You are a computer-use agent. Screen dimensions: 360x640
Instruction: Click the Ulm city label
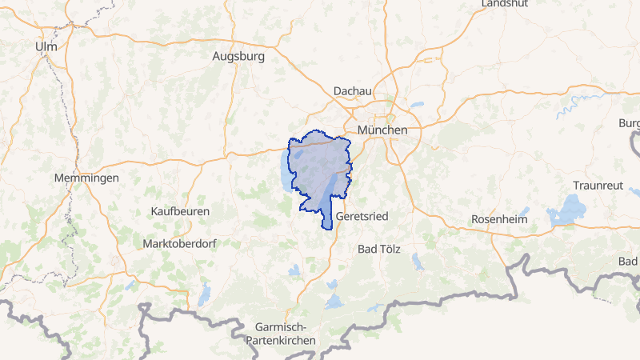click(x=46, y=47)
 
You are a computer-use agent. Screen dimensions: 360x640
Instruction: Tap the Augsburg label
click(x=238, y=57)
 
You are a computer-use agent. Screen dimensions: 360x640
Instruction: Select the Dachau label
click(x=353, y=91)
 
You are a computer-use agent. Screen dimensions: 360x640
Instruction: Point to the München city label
click(x=382, y=130)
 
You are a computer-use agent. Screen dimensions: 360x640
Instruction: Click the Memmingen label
click(x=86, y=178)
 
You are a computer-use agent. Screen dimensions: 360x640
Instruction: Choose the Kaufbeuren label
click(x=180, y=211)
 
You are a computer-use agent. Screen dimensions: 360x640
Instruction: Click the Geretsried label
click(x=363, y=217)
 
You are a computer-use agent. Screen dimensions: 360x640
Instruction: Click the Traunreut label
click(x=597, y=184)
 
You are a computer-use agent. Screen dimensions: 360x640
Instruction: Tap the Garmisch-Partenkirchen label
click(x=286, y=334)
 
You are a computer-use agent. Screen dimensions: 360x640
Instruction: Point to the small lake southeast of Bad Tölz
click(x=416, y=261)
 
